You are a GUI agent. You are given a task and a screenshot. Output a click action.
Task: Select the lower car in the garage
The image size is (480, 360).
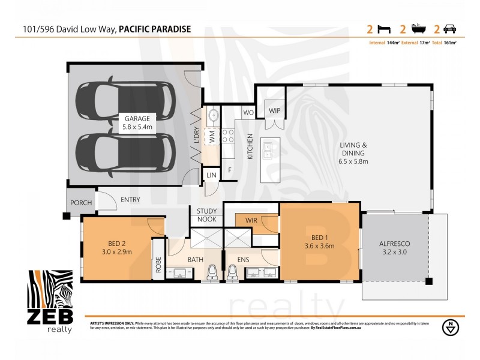126,151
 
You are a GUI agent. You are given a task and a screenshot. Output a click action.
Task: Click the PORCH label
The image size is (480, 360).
81,203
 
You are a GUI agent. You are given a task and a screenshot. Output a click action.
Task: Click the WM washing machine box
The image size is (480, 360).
212,136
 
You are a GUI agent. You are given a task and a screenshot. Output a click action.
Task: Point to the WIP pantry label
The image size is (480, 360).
274,110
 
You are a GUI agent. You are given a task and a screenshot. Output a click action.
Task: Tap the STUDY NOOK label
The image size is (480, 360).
206,215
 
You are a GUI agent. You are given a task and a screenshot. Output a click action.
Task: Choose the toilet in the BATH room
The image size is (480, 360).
211,273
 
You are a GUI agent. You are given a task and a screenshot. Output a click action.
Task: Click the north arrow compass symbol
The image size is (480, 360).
449,327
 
